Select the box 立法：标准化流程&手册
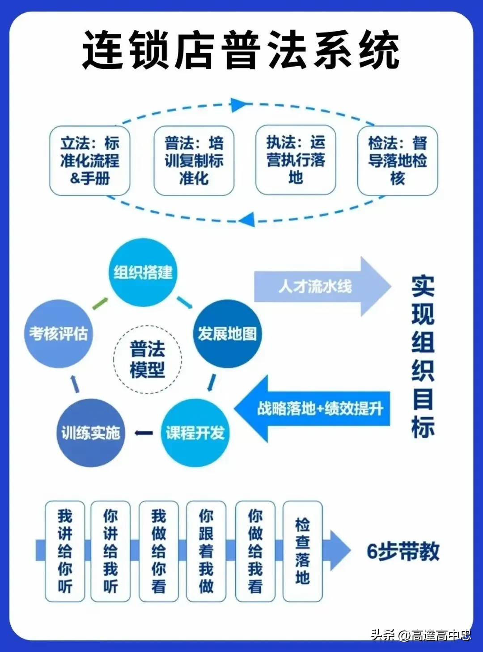90,161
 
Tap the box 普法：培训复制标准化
194,161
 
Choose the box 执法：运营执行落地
296,160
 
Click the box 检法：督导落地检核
397,161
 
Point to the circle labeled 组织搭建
143,272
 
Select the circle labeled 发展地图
227,334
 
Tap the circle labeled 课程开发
195,433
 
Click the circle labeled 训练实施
91,433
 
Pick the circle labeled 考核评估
58,334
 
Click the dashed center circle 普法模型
148,359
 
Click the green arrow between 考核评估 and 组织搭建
100,303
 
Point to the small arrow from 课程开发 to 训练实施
144,433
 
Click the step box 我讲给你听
65,551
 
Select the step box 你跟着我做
206,551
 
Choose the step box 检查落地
302,551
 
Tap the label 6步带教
403,552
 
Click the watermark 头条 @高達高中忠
420,635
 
